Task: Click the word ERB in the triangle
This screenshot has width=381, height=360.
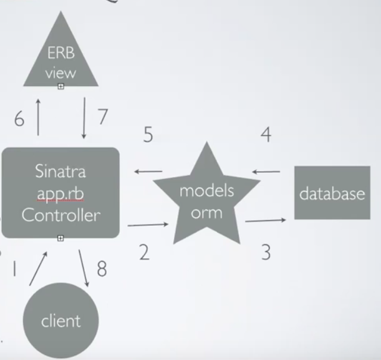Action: (x=60, y=52)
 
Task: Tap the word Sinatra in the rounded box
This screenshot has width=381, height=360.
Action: (x=60, y=172)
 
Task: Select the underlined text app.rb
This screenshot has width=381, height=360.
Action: (x=60, y=193)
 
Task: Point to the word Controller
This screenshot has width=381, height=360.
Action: (x=60, y=215)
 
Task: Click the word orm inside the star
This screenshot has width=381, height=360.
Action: (x=206, y=212)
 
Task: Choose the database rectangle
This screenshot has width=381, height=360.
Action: (x=332, y=193)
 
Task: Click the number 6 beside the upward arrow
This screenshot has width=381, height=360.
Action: (x=19, y=119)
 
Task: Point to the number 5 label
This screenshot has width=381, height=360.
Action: (x=148, y=135)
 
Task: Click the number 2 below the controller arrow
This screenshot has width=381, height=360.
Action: (x=144, y=253)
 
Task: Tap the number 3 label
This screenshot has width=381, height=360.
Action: (x=266, y=253)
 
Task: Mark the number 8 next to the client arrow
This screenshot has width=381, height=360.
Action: (x=101, y=268)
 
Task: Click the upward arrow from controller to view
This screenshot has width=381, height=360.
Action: (x=39, y=117)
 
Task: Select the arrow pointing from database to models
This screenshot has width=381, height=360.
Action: (x=266, y=172)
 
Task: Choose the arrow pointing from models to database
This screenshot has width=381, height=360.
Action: (x=266, y=220)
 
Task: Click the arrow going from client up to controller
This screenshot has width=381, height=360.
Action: (x=38, y=268)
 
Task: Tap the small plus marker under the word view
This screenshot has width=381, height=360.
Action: (x=60, y=87)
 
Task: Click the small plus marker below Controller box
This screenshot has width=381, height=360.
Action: (x=60, y=238)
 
